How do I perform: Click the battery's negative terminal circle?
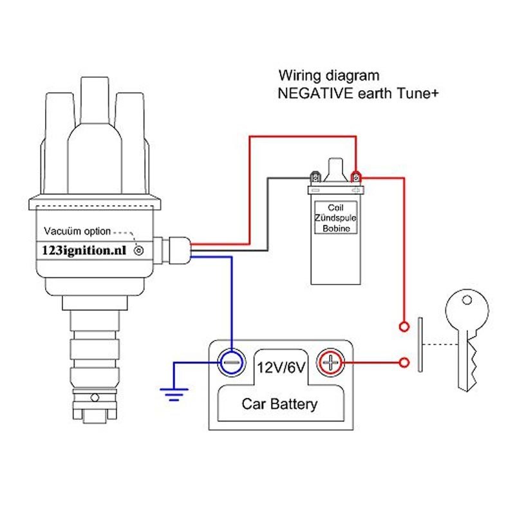231,363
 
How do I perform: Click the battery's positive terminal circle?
330,363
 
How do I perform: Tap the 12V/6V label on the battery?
281,368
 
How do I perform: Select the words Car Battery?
279,404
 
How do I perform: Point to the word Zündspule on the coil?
335,218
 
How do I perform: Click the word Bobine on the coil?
335,228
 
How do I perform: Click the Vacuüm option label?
77,231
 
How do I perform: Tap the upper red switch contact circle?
404,326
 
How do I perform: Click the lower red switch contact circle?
404,363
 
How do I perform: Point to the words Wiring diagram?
328,75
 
